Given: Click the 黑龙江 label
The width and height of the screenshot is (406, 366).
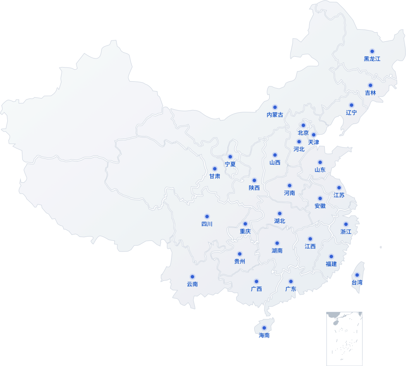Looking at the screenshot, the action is click(372, 59).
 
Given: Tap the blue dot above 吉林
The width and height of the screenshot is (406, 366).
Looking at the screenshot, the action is click(370, 85).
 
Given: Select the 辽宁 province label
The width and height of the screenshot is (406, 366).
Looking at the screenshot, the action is click(351, 113).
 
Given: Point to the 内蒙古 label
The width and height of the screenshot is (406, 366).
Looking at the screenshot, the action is click(275, 115).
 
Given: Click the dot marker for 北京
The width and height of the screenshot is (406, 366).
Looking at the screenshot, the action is click(303, 126).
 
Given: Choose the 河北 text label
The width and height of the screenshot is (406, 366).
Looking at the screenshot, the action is click(299, 149).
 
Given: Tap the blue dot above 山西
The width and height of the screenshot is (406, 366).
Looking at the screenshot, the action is click(275, 155).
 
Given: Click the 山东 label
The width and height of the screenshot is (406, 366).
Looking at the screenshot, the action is click(320, 170).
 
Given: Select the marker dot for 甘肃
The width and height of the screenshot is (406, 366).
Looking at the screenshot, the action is click(215, 169).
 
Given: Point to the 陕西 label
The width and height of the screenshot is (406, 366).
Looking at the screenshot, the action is click(254, 188).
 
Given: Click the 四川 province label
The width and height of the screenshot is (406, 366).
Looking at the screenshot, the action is click(207, 224).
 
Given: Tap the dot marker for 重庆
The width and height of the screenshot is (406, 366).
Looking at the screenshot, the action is click(245, 224).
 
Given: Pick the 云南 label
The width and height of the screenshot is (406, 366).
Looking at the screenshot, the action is click(192, 284).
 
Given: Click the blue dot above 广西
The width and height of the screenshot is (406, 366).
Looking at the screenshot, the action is click(256, 281).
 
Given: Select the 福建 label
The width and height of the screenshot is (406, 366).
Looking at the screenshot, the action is click(331, 264).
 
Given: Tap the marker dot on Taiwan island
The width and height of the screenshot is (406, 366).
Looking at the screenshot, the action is click(357, 275).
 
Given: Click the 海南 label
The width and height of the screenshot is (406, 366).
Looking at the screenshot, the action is click(264, 335).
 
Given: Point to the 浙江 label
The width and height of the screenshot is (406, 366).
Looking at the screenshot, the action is click(346, 232).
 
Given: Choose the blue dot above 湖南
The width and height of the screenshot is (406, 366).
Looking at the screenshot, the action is click(277, 243).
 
